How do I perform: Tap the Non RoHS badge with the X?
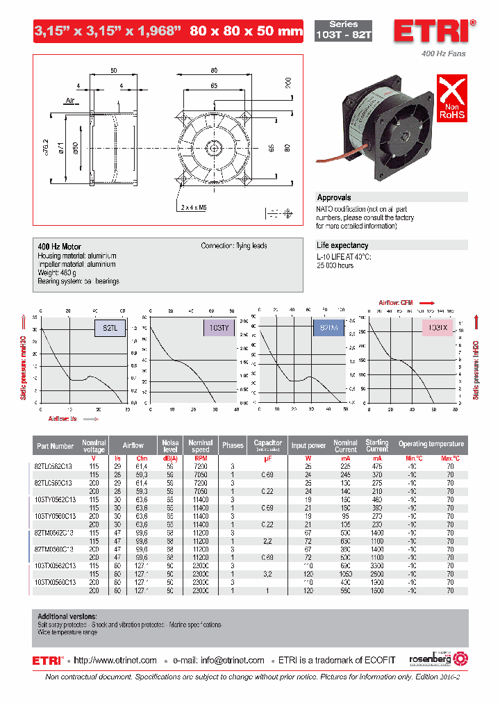click(x=451, y=99)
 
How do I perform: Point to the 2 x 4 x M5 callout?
click(x=194, y=207)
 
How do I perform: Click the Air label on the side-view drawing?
click(x=70, y=101)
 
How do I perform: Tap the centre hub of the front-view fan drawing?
click(x=214, y=147)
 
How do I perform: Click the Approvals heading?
click(x=334, y=198)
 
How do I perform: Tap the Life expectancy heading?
click(x=342, y=245)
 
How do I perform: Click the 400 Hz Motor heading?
click(x=59, y=247)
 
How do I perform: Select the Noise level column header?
click(x=170, y=445)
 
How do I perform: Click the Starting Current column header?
click(x=377, y=445)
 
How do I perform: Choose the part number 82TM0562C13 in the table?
click(x=55, y=531)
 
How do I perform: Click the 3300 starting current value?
click(x=377, y=565)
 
